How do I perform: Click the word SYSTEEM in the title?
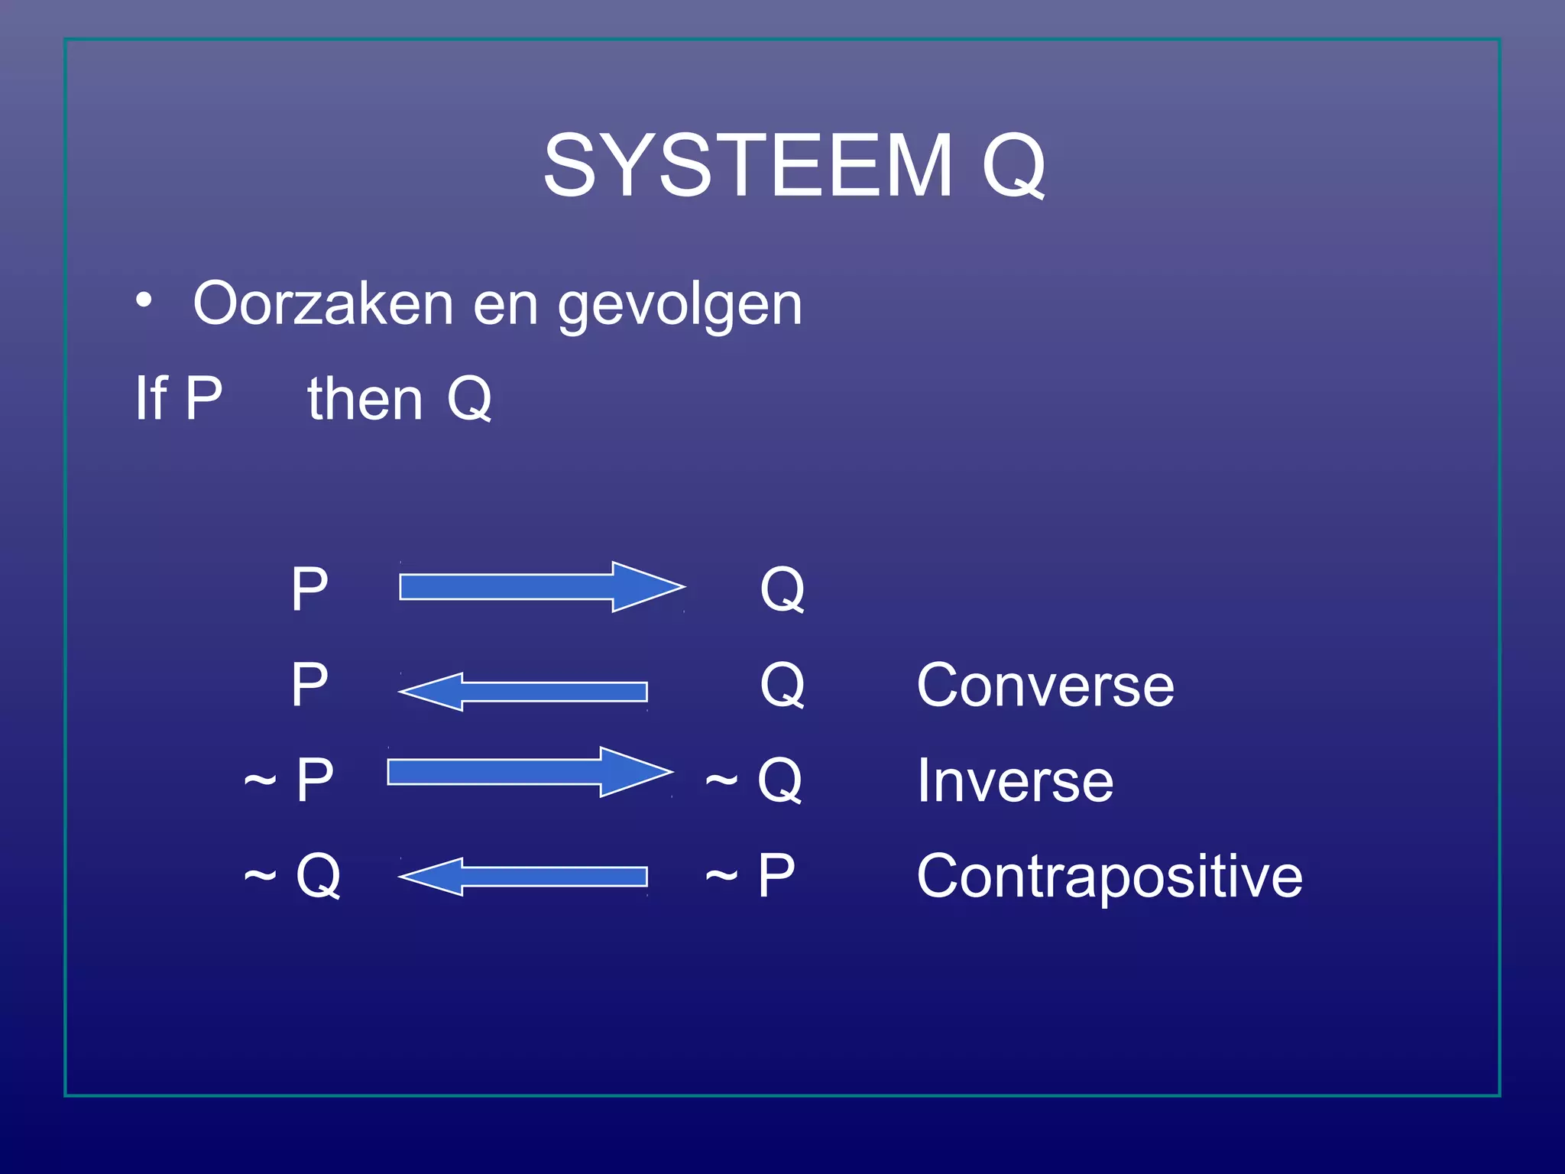747,165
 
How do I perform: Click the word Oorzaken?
324,303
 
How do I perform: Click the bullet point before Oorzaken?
144,300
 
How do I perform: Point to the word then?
365,398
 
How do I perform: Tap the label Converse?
1045,685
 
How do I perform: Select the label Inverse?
1015,780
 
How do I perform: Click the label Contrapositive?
1110,876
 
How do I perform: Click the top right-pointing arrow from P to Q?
541,587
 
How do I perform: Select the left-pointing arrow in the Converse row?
523,692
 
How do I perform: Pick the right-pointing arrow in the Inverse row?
530,772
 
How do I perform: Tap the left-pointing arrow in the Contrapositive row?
523,877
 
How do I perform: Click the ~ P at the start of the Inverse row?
289,780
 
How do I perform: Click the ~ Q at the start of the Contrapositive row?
292,876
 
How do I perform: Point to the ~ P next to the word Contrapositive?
750,876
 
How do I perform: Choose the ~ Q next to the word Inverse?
753,780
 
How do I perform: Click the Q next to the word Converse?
782,685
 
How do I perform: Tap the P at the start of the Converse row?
309,685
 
